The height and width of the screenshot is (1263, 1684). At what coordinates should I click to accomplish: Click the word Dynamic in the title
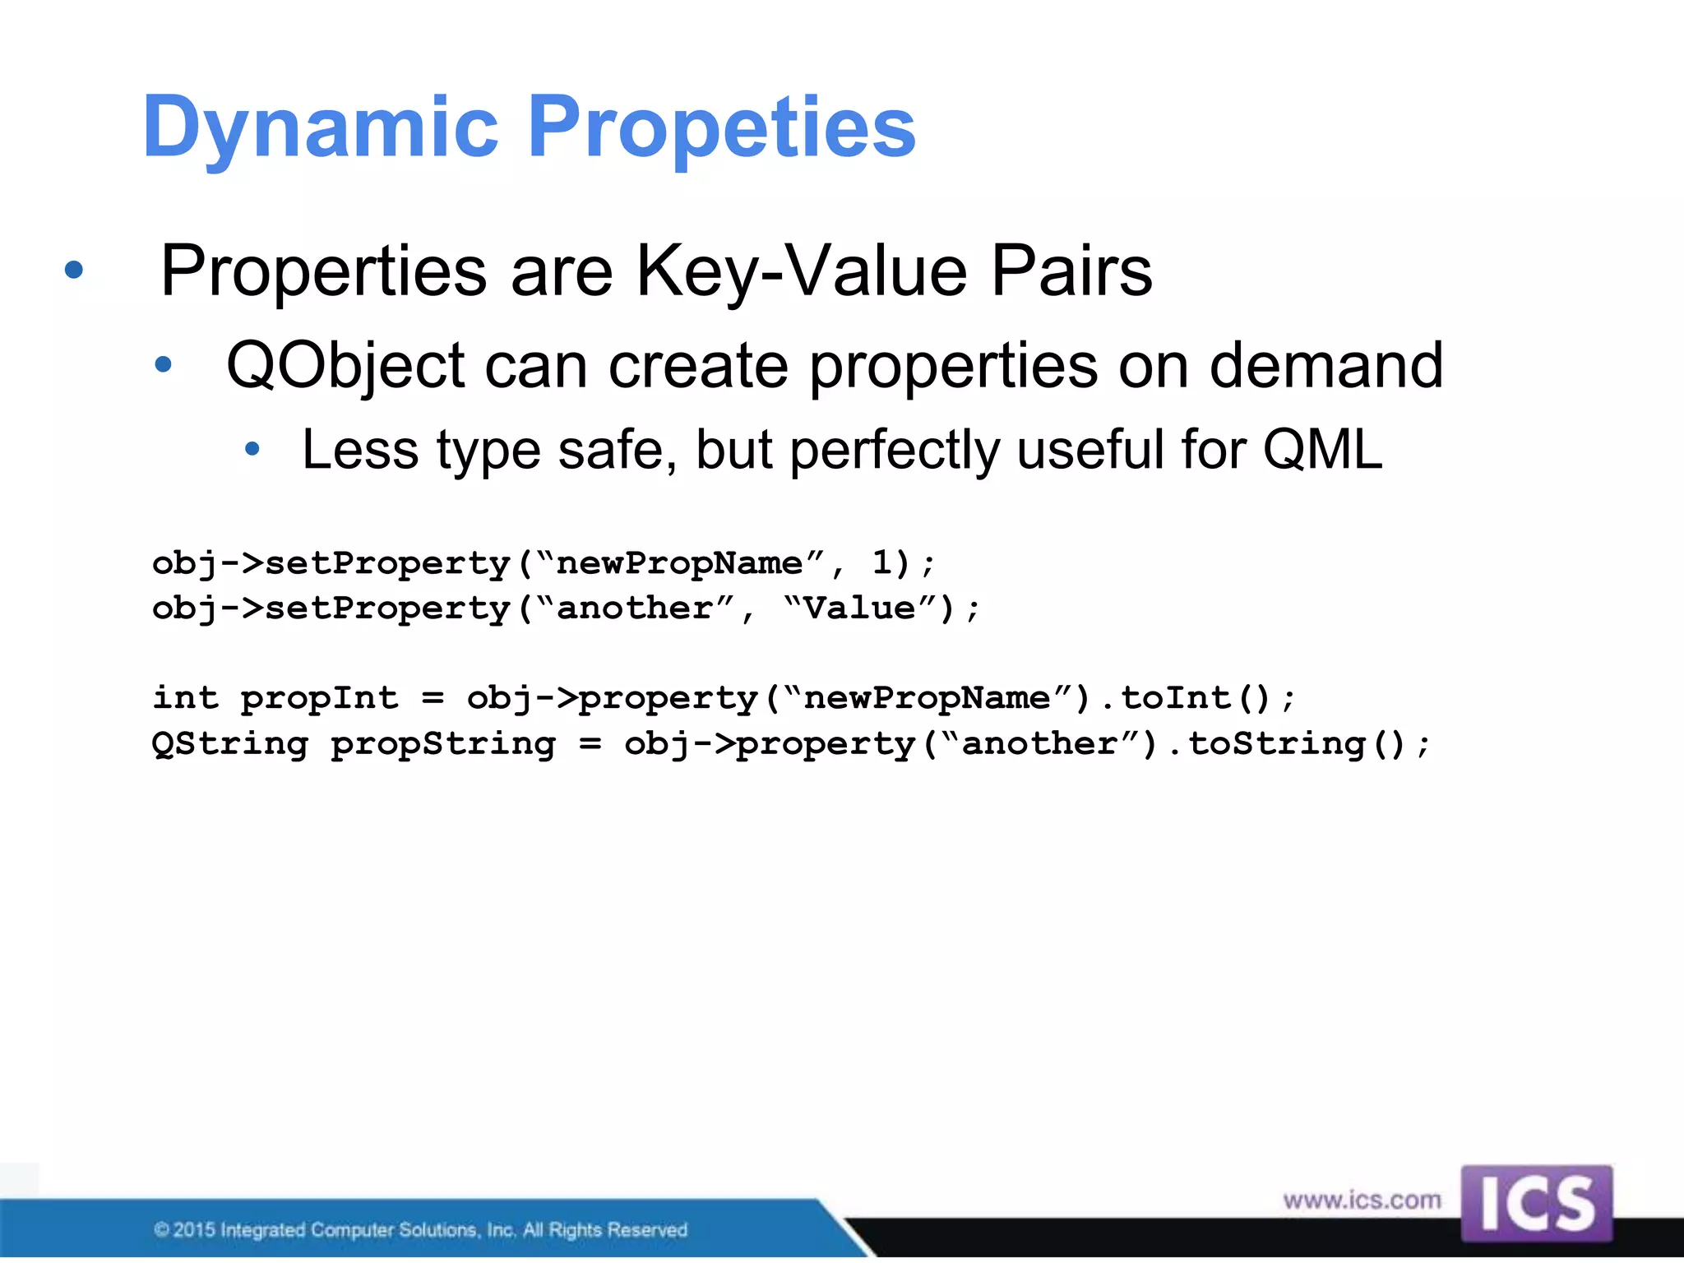click(x=321, y=127)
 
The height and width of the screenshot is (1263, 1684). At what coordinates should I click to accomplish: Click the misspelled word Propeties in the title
click(x=722, y=127)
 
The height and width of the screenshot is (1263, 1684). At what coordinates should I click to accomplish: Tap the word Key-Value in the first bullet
click(x=802, y=271)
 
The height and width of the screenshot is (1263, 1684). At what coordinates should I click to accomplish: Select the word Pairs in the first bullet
click(x=1071, y=271)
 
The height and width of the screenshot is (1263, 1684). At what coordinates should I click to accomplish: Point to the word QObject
click(x=345, y=366)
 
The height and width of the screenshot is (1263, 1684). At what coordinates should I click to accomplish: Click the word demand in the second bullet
click(x=1325, y=366)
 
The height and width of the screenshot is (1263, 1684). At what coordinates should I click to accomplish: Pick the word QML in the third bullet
click(x=1322, y=450)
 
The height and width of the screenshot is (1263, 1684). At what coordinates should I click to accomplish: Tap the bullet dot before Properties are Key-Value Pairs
click(x=74, y=270)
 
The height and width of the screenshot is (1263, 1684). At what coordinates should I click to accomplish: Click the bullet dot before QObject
click(x=164, y=364)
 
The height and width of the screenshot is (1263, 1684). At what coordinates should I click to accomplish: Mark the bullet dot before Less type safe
click(x=252, y=449)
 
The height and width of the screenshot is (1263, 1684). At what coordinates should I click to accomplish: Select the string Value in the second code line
click(x=859, y=608)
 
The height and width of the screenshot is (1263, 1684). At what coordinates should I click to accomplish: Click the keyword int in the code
click(x=186, y=698)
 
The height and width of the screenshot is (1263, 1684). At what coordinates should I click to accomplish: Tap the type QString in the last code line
click(x=230, y=744)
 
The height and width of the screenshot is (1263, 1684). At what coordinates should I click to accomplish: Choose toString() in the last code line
click(x=1298, y=744)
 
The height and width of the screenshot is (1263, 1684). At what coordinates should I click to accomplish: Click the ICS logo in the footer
click(x=1536, y=1203)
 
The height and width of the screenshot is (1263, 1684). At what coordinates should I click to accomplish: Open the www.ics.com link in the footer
click(x=1362, y=1201)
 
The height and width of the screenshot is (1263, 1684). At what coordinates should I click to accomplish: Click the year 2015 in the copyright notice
click(x=194, y=1230)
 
